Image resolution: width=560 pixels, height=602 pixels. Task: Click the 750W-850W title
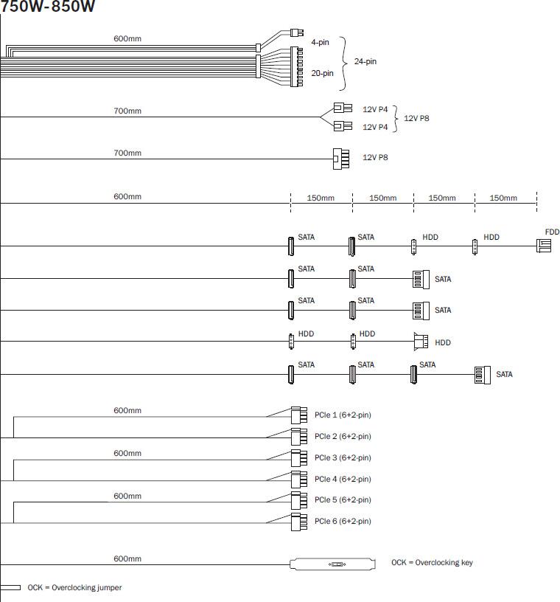click(x=47, y=7)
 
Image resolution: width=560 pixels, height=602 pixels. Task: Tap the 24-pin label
click(x=365, y=61)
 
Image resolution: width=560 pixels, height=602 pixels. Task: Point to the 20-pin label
click(x=323, y=73)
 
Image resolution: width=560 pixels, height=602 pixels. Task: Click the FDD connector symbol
click(x=544, y=245)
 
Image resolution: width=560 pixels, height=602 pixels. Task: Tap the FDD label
click(x=552, y=232)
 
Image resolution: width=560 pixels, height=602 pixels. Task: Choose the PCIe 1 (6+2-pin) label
click(x=343, y=415)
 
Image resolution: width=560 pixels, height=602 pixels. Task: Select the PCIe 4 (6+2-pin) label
click(x=343, y=479)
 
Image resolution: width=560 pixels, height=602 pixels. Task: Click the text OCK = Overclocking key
click(x=432, y=563)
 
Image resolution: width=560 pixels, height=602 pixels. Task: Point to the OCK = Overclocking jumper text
click(x=74, y=588)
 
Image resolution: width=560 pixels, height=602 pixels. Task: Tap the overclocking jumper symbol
click(x=10, y=588)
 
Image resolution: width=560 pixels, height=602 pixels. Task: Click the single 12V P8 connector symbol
click(x=340, y=158)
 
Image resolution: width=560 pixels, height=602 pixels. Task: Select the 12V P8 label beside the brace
click(x=416, y=118)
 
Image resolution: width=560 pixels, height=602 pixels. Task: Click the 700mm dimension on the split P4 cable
click(x=127, y=111)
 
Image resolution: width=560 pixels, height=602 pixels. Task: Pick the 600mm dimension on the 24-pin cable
click(x=127, y=38)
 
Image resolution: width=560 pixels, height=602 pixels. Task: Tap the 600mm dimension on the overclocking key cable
click(x=127, y=558)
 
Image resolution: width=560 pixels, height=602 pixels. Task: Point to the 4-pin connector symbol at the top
click(x=298, y=32)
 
